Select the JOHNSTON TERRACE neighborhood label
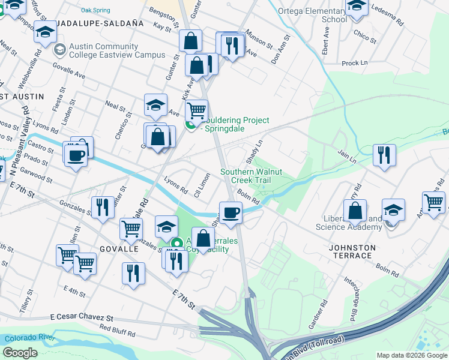point(352,251)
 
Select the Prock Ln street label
point(354,62)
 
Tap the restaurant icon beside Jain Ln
point(384,154)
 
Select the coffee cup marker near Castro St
point(76,155)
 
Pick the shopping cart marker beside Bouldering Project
point(196,111)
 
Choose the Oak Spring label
point(95,10)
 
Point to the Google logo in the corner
point(20,352)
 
